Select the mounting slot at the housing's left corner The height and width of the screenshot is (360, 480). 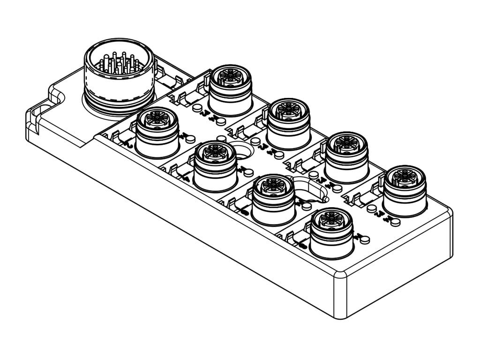pos(42,110)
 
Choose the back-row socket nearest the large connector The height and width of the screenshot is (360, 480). pos(229,89)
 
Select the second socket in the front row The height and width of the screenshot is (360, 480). pos(215,166)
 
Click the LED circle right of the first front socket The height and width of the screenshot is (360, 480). pos(186,141)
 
